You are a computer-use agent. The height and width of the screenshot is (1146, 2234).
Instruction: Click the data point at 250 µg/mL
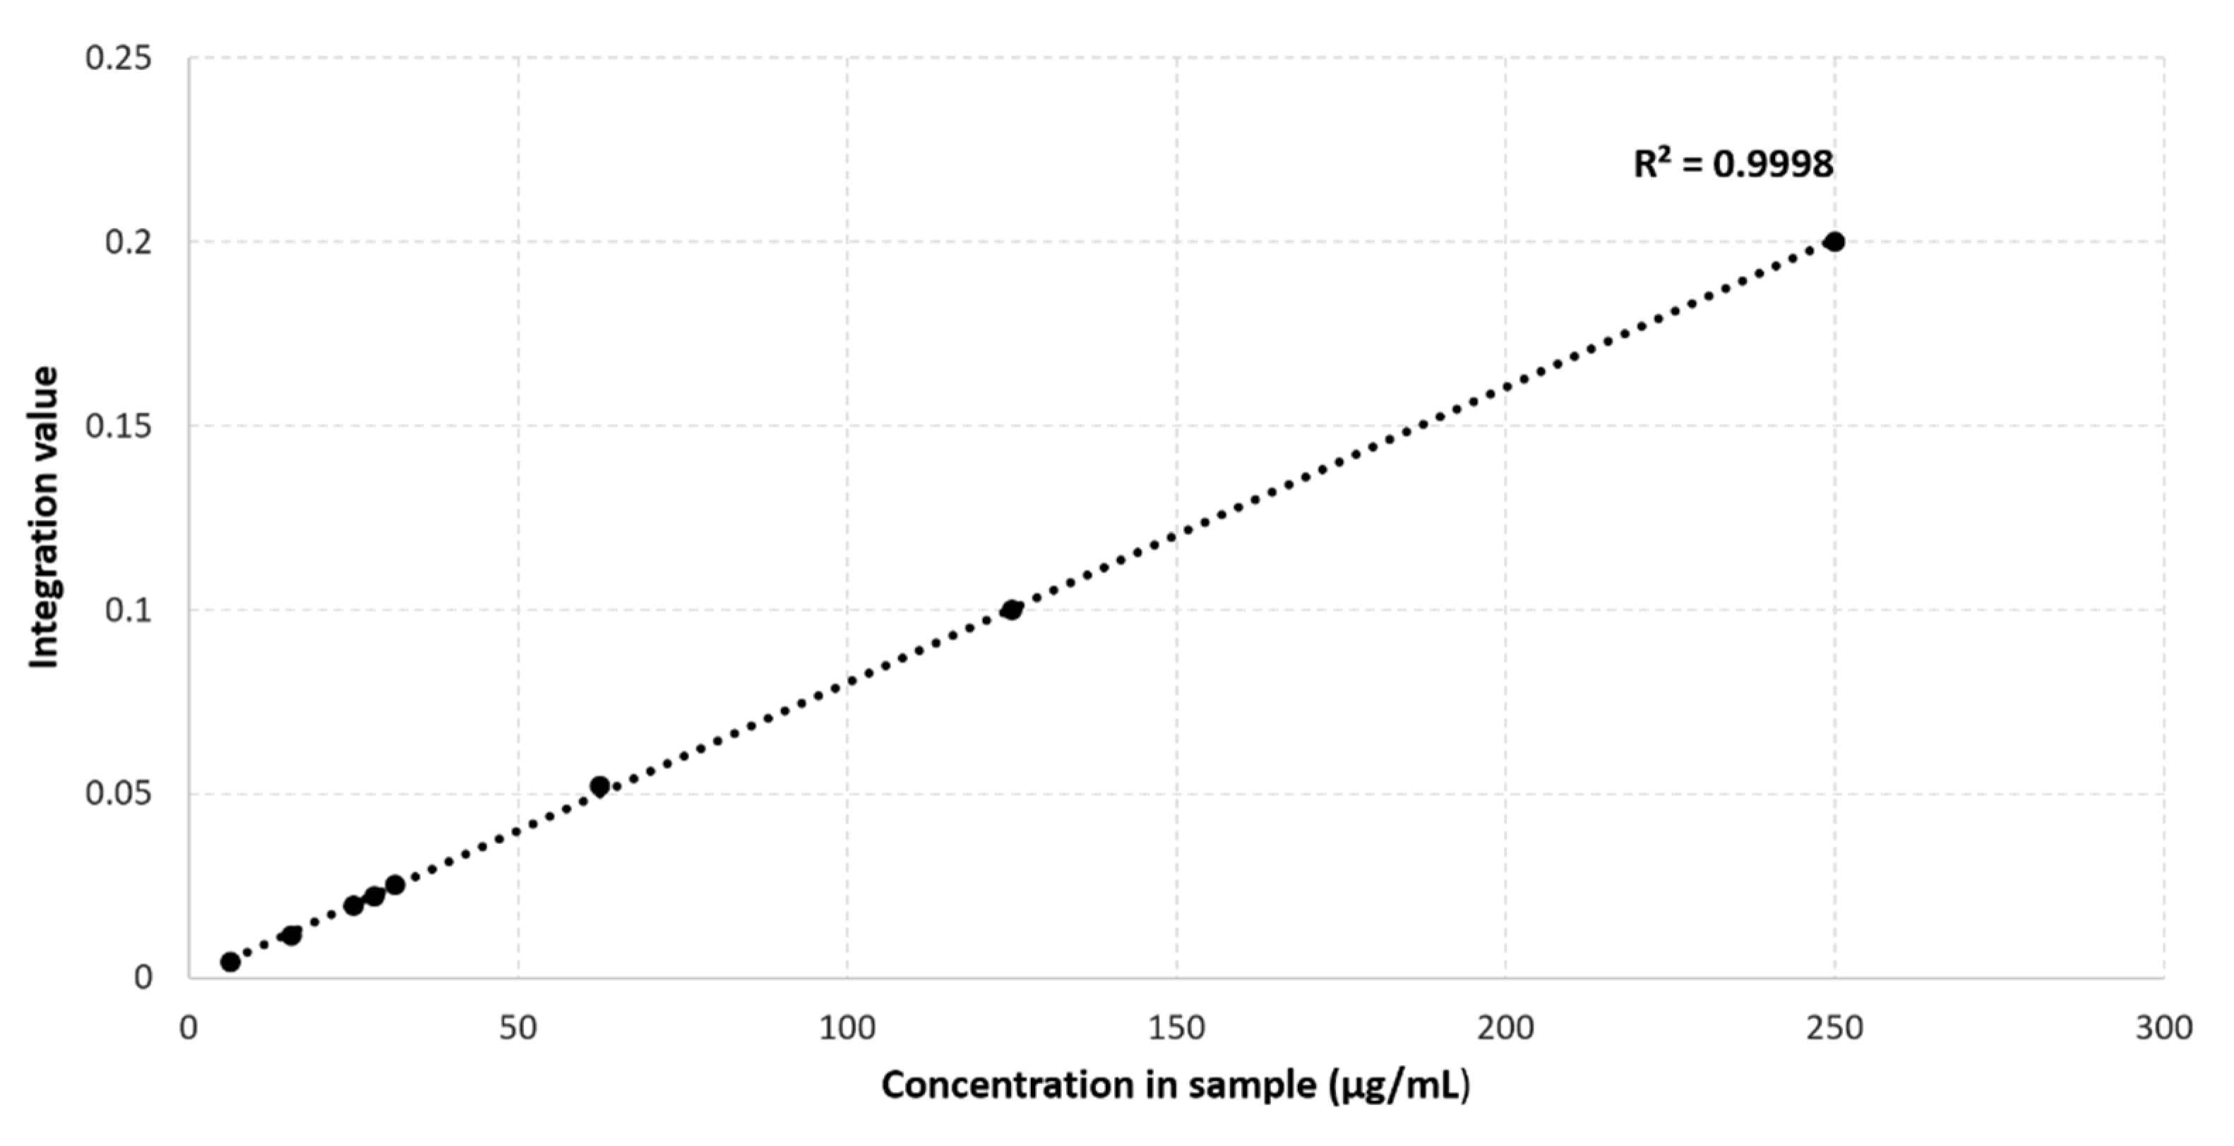(x=1834, y=242)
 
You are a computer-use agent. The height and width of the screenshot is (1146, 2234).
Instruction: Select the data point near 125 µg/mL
(x=1011, y=610)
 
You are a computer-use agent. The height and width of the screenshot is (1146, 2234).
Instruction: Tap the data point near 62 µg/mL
(x=599, y=786)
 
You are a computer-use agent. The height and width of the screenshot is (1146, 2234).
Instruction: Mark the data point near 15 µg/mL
(x=292, y=935)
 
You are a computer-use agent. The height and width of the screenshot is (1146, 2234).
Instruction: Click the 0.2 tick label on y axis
(x=128, y=242)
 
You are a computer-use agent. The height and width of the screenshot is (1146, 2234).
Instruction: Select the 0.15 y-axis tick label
(x=118, y=426)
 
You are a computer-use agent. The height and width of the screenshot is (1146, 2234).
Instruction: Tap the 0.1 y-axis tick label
(x=128, y=610)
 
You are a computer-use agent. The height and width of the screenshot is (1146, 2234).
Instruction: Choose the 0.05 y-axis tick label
(x=118, y=794)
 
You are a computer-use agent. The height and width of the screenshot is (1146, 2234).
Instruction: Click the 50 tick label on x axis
(x=518, y=1028)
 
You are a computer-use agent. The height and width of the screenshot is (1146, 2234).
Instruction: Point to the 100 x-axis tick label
(x=847, y=1028)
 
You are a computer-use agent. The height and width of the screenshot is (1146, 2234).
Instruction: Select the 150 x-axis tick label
(x=1176, y=1028)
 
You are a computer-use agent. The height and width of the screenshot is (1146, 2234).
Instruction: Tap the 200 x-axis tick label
(x=1505, y=1028)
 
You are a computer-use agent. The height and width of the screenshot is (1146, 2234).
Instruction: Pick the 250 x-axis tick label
(x=1834, y=1028)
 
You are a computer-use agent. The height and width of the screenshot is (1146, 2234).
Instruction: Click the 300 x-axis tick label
(x=2163, y=1028)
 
